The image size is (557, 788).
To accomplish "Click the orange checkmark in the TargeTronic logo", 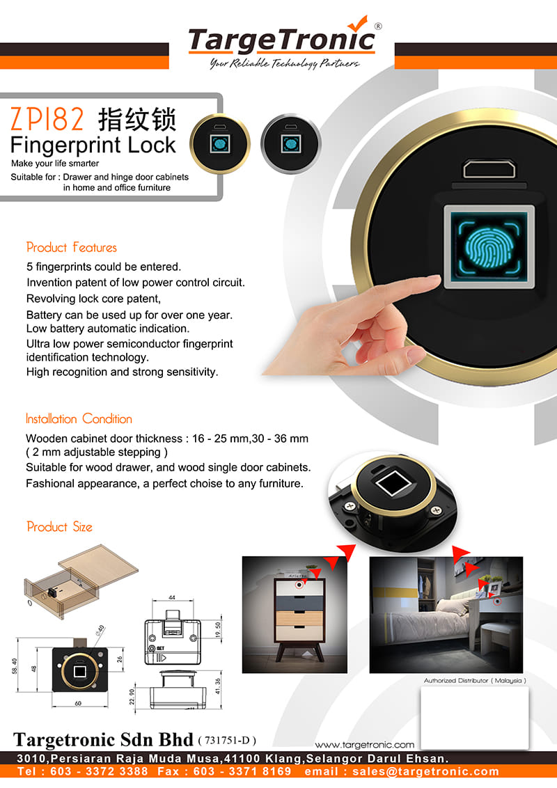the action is pos(359,23).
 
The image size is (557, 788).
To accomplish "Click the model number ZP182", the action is pos(47,119).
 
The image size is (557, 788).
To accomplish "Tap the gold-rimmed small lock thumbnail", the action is pos(220,143).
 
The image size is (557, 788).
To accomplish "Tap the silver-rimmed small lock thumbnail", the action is pos(290,143).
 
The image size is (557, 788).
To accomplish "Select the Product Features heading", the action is pos(72,247).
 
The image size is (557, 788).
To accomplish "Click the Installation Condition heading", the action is pos(79,418).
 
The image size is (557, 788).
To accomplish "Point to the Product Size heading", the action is pos(59,527).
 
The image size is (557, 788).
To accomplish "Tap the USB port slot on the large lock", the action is pos(489,169).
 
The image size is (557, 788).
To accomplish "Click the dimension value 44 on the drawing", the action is pos(172,597).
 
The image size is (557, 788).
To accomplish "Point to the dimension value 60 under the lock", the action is pos(78,703).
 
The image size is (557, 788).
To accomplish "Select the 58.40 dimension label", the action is pos(15,666).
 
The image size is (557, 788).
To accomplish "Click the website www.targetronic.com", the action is pos(364,745).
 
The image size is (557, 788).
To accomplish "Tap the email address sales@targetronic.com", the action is pos(425,771).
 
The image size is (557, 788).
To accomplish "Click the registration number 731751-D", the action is pos(227,740).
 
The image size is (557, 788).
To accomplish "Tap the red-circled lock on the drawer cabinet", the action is pos(300,585).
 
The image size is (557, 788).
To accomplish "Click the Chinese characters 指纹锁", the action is pos(136,120).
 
